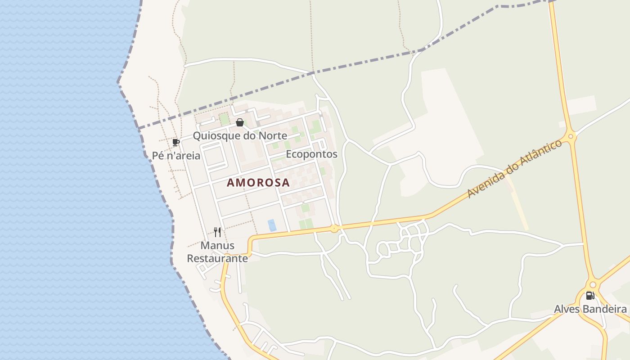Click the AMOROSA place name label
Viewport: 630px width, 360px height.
258,183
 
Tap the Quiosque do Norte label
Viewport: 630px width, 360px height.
240,135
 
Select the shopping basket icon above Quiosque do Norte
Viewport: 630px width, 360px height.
240,122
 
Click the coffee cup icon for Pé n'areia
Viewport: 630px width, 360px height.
176,143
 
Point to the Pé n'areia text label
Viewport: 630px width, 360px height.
176,156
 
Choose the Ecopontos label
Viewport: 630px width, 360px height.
311,154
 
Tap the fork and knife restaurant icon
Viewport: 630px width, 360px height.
217,232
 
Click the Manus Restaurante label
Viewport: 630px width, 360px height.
217,252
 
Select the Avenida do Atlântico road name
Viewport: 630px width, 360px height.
515,169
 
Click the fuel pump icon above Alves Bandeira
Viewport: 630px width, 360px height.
590,296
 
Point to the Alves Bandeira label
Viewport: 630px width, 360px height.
590,309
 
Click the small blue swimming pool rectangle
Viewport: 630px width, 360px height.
272,225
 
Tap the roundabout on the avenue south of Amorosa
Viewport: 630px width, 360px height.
334,229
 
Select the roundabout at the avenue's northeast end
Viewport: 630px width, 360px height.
571,135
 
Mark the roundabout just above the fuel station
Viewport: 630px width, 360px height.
593,284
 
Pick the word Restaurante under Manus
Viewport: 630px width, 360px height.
217,259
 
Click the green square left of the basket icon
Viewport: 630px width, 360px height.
224,119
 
